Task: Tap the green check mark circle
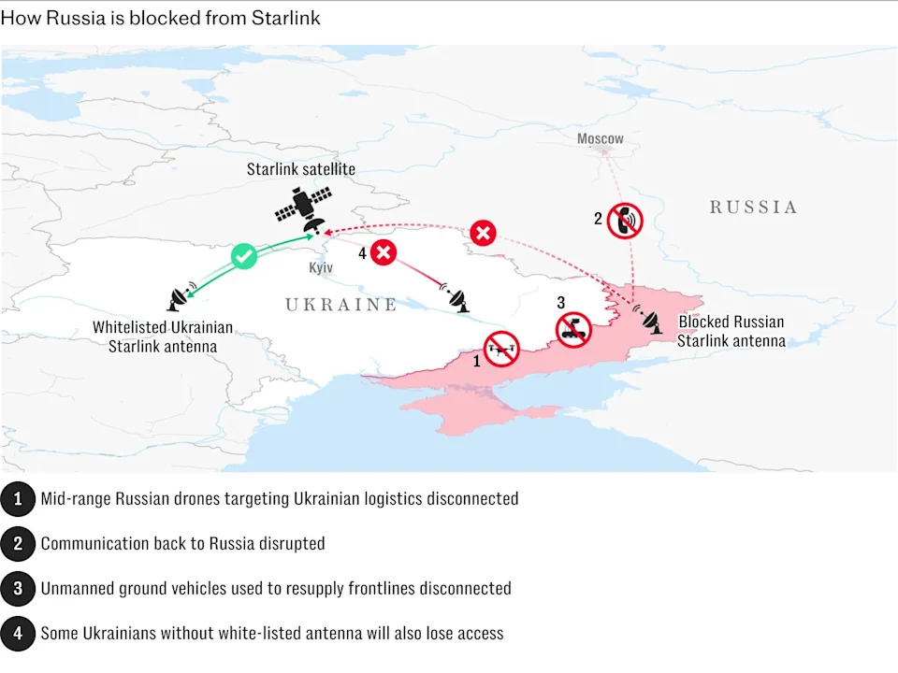[243, 255]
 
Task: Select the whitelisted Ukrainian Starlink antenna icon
[179, 298]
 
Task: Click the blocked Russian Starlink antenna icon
[649, 320]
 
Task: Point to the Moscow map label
[600, 138]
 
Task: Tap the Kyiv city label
[321, 267]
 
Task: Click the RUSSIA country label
[752, 207]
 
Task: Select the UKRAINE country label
[340, 305]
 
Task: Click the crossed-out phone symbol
[624, 221]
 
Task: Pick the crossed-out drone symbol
[501, 350]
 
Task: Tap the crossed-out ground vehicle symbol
[573, 330]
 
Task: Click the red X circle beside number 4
[384, 252]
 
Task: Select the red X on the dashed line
[483, 233]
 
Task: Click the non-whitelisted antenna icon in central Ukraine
[458, 299]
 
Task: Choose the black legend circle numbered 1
[18, 499]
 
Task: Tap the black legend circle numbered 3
[18, 589]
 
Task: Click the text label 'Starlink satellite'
[301, 169]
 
